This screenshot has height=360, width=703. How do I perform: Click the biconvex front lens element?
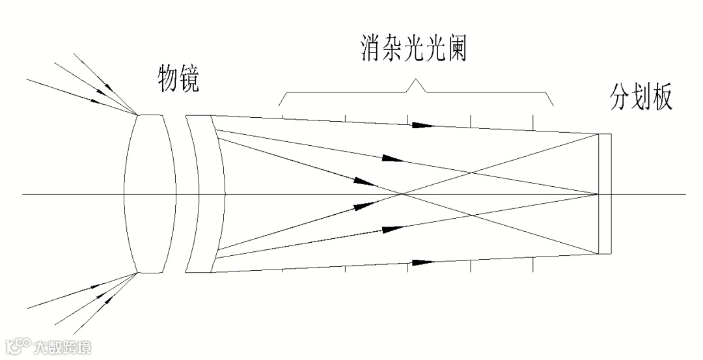coord(150,194)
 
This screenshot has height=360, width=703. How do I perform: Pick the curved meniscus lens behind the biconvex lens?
coord(205,194)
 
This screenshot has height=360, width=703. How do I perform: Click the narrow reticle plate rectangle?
coord(605,194)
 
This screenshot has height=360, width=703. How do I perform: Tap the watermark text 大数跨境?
coord(63,347)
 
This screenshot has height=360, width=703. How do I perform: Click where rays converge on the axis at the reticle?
coord(598,194)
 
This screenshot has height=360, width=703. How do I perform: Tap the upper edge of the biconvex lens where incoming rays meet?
coord(137,115)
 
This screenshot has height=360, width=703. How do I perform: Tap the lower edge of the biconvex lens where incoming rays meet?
coord(137,273)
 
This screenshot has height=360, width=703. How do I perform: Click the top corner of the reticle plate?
coord(599,135)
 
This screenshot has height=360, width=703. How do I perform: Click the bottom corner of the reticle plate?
coord(599,253)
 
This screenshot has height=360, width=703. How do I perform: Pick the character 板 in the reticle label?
coord(661,97)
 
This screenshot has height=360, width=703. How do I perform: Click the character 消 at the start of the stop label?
coord(371,48)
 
